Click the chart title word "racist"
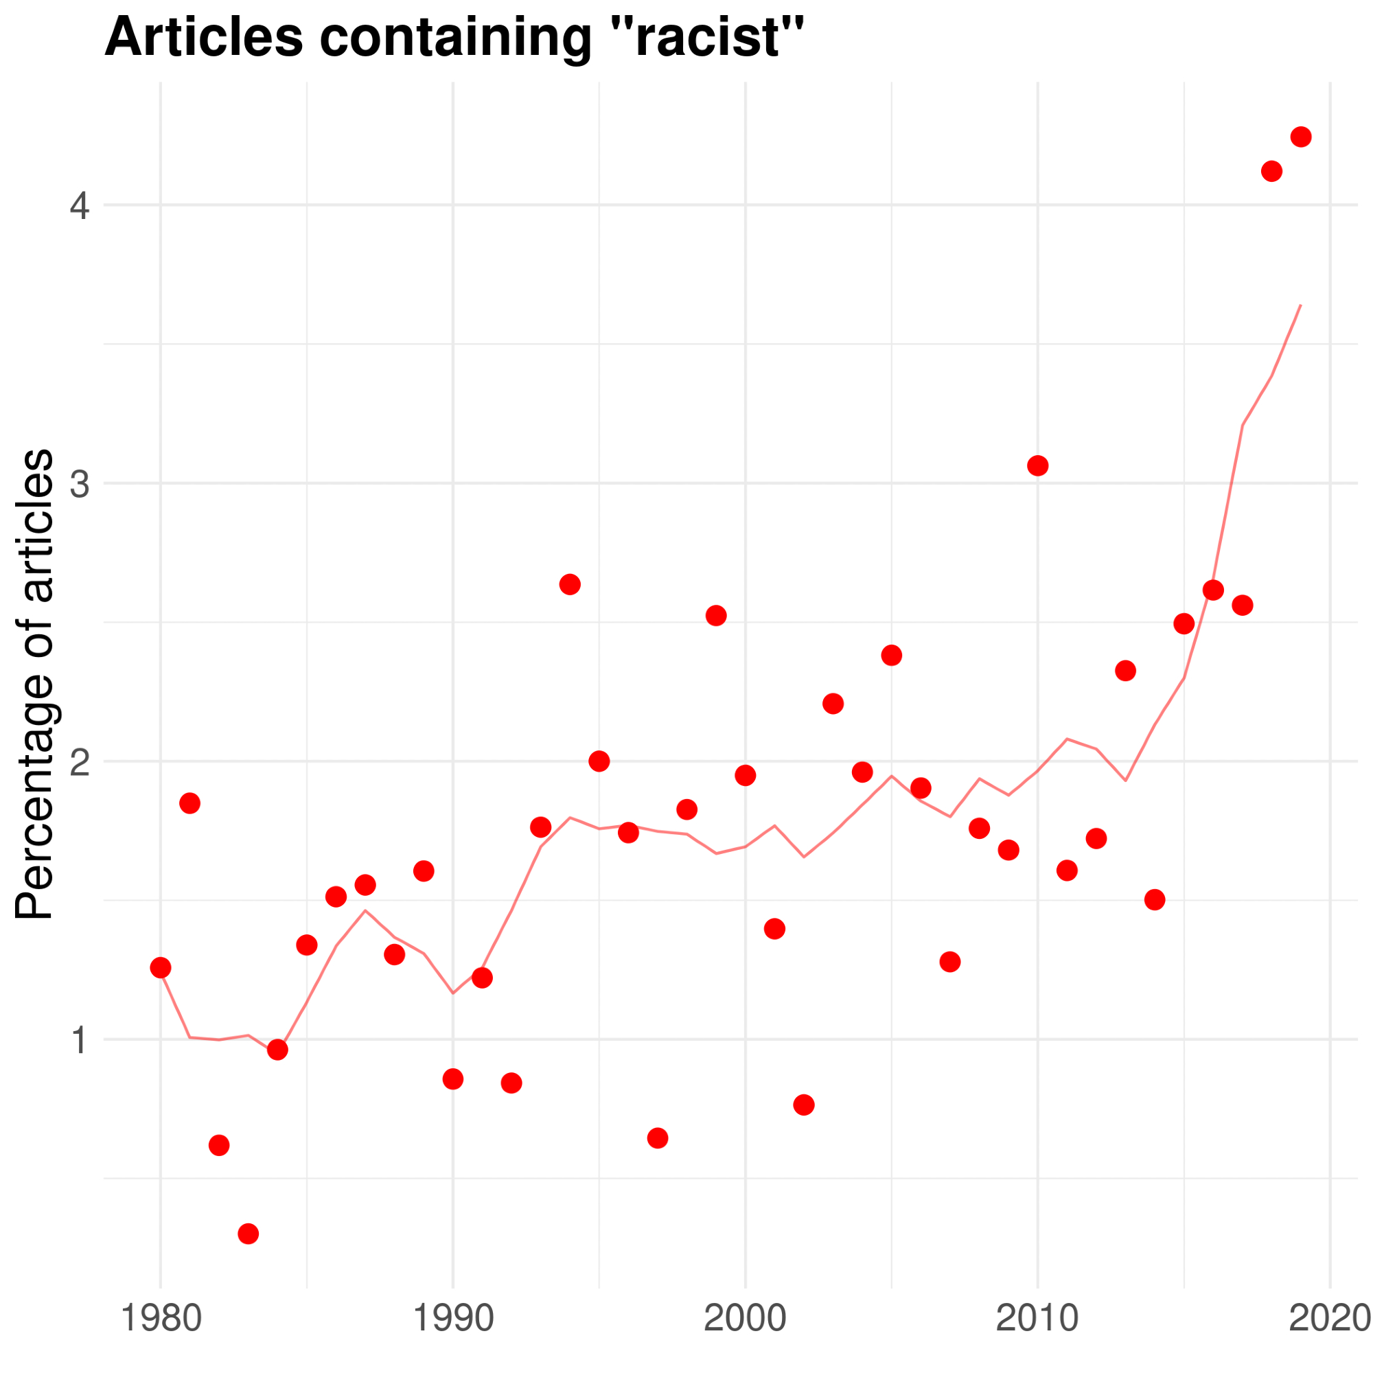719,37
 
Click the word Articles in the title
204,37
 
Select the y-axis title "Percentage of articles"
34,684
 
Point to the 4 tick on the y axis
80,206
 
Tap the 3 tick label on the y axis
80,484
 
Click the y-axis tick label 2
80,761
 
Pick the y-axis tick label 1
80,1039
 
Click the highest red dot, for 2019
1300,137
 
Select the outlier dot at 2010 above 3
1037,465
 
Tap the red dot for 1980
161,967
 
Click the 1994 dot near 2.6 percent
570,584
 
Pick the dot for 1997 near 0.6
658,1138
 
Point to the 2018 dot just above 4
1271,171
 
